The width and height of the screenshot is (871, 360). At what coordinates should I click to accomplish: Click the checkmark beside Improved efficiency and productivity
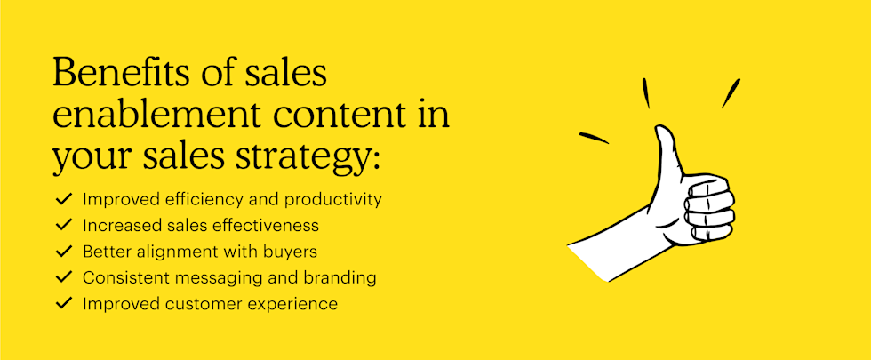(63, 200)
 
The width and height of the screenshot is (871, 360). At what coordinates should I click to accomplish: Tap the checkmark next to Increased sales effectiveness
(63, 226)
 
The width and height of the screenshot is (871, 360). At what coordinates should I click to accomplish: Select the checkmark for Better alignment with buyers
(63, 252)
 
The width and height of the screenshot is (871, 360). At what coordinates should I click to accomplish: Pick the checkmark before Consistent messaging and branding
(63, 277)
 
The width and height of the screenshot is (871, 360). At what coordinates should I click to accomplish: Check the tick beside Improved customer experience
(63, 303)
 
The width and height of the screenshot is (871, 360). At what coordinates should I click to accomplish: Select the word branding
(341, 277)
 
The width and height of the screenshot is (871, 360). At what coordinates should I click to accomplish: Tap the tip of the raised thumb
(663, 132)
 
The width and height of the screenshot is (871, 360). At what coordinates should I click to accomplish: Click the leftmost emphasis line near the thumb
(594, 138)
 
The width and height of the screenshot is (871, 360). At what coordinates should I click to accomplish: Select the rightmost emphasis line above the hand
(731, 93)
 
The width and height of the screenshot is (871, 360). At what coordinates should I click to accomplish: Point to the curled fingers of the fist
(712, 209)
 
